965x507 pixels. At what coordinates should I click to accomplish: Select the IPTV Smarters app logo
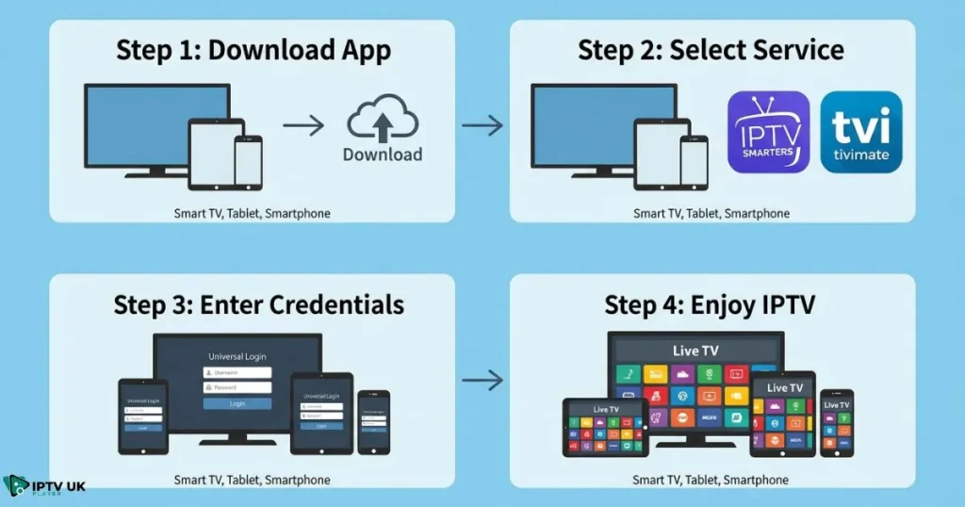[768, 132]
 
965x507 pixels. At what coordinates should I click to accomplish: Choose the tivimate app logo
[860, 132]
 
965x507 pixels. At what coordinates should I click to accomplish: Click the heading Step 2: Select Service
[711, 49]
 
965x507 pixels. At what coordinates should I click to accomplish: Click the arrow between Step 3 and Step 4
[482, 381]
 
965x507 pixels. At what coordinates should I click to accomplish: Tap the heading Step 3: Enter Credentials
[258, 304]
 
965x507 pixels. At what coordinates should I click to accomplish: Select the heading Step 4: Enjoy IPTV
[711, 304]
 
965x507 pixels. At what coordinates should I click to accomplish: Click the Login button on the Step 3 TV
[237, 403]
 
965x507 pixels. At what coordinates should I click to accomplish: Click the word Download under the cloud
[382, 155]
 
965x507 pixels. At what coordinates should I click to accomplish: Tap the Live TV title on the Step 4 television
[695, 351]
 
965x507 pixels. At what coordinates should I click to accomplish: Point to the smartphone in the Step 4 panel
[836, 423]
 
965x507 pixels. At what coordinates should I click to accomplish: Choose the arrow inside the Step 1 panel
[303, 123]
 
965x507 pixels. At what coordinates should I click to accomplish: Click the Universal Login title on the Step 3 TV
[237, 357]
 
